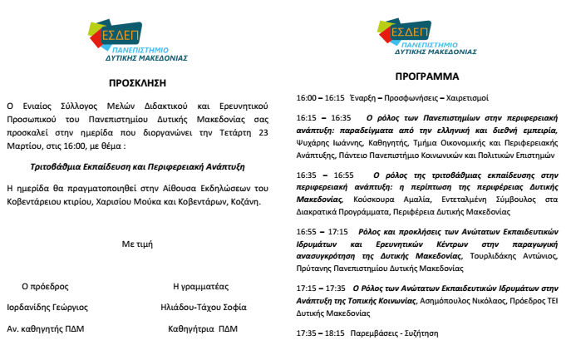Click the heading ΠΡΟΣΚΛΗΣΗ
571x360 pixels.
(x=138, y=82)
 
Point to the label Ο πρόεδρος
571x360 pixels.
(x=45, y=285)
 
